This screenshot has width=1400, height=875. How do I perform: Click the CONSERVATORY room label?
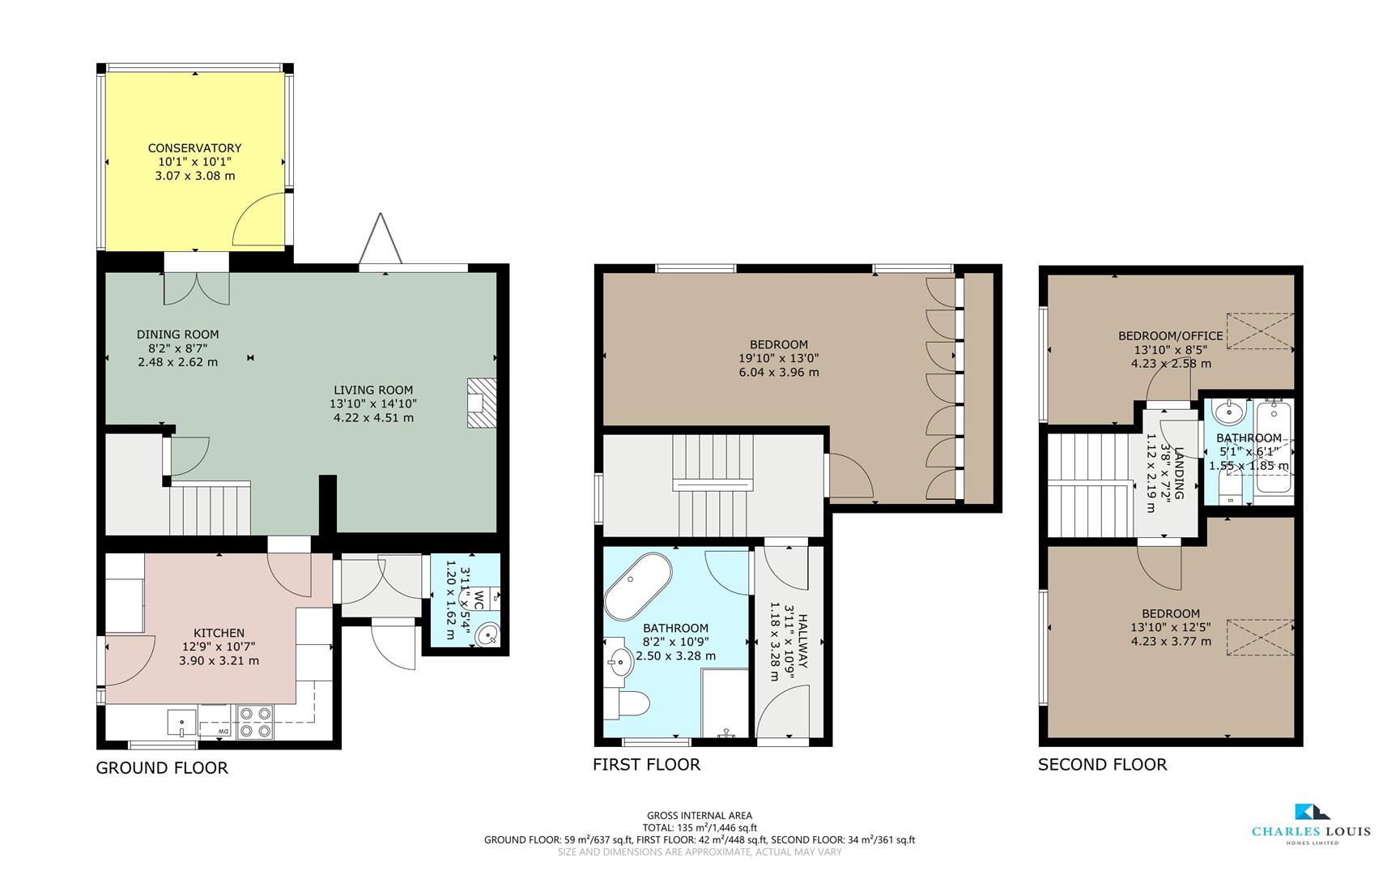(x=194, y=148)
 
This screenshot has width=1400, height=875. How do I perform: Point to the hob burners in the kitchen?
(x=255, y=721)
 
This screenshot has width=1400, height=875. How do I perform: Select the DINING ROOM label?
(x=177, y=335)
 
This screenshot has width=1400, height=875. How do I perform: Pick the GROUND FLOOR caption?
(x=162, y=768)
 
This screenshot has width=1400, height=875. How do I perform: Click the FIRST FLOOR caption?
(x=646, y=765)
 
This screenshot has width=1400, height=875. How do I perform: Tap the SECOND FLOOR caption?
(x=1103, y=765)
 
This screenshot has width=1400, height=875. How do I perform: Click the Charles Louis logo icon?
(x=1312, y=811)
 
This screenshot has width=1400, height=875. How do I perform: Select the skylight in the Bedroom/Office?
(x=1260, y=331)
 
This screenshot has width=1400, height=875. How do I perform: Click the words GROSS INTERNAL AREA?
(x=700, y=816)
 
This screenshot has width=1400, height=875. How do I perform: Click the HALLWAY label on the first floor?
(x=803, y=641)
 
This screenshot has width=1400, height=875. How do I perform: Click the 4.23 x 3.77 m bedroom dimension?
(x=1171, y=642)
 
